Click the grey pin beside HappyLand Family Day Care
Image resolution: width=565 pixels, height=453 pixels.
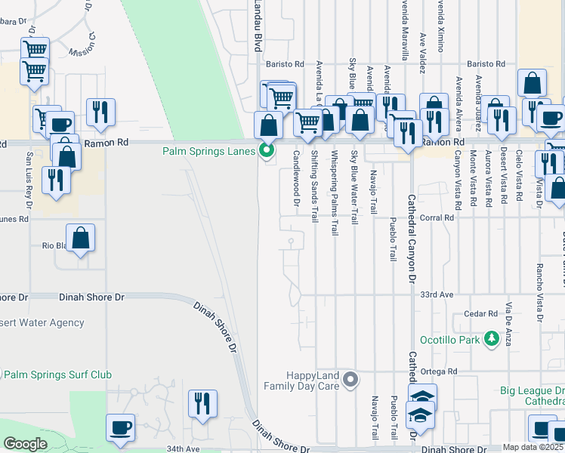coord(350,380)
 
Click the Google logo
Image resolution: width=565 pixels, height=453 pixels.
coord(25,444)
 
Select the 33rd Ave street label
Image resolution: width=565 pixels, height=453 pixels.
coord(436,294)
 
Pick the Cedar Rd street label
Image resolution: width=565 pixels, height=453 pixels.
coord(482,313)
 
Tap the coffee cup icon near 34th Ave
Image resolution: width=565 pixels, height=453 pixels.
coord(121,428)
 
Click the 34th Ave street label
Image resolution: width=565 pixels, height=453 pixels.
coord(182,448)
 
